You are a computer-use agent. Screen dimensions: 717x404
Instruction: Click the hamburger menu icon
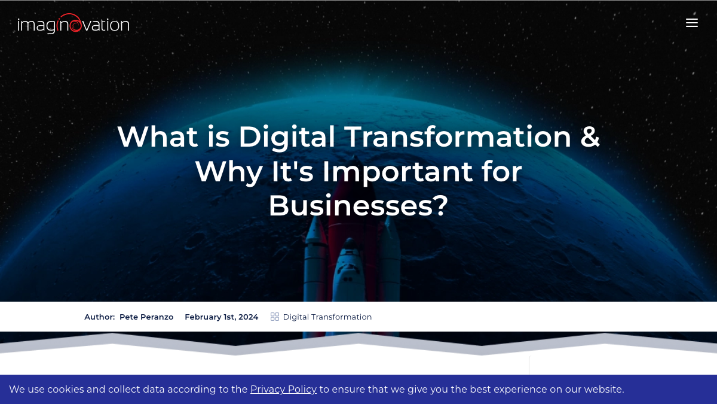[x=692, y=23]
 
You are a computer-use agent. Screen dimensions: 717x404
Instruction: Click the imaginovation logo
[x=73, y=24]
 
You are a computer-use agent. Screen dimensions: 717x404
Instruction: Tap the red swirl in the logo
[x=74, y=23]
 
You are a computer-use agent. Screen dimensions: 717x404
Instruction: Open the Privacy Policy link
[x=283, y=389]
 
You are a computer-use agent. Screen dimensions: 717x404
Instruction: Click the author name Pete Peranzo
[x=146, y=317]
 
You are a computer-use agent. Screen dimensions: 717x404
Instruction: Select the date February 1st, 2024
[x=222, y=317]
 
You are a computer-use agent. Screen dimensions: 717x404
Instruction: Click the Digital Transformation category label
[x=327, y=317]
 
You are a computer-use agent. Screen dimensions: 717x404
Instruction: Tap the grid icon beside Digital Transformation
[x=275, y=317]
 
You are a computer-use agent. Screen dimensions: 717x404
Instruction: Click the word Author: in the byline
[x=100, y=317]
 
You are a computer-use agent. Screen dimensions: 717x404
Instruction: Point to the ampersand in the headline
[x=590, y=136]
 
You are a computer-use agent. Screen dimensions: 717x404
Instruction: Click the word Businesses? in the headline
[x=358, y=205]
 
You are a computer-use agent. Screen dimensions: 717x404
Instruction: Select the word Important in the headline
[x=397, y=172]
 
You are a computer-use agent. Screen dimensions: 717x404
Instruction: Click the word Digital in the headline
[x=287, y=136]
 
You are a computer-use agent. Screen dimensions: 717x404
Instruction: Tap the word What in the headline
[x=158, y=136]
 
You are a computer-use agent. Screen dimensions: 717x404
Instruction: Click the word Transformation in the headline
[x=459, y=136]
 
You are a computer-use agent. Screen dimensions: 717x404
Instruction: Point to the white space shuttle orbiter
[x=348, y=272]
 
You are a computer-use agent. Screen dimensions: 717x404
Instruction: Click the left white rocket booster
[x=315, y=260]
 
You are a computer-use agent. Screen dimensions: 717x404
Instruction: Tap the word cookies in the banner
[x=66, y=389]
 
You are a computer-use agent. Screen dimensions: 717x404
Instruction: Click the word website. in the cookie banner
[x=604, y=389]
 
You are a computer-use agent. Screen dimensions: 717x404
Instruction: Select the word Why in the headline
[x=229, y=172]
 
